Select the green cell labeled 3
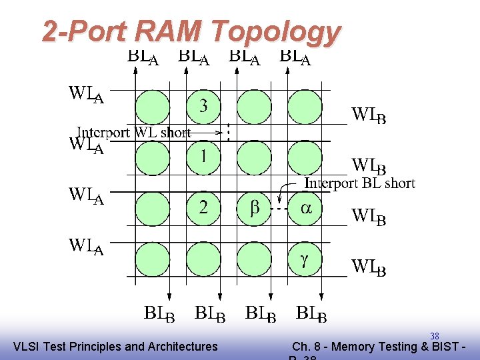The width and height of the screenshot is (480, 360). coord(203,107)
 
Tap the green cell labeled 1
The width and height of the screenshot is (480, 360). coord(203,157)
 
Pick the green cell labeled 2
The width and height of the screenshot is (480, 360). coord(203,208)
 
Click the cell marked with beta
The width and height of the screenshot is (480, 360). coord(255,208)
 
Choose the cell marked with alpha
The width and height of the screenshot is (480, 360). coord(305,208)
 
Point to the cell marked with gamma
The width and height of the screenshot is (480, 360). coord(305,259)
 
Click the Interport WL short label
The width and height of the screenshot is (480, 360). coord(134,133)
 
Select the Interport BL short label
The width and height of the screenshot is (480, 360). coord(360,183)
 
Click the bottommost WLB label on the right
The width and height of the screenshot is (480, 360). coord(369,267)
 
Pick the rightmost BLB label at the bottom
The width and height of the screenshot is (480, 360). coord(311,313)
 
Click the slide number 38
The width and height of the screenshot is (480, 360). coord(434,336)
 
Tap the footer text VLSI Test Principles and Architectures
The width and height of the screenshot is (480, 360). coord(115,346)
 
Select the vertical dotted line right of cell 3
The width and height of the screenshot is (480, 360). coord(229,132)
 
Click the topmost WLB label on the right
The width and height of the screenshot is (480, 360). coord(369,116)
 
